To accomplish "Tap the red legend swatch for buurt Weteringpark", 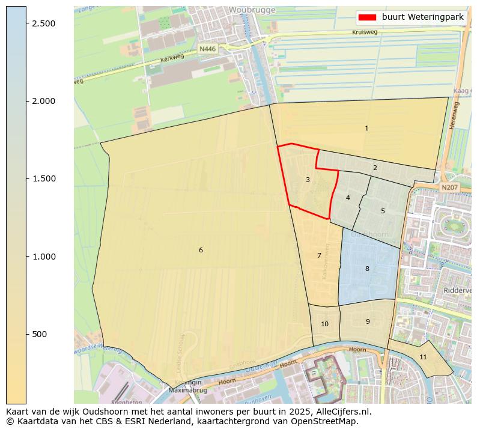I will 368,17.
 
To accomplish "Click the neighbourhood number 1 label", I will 366,128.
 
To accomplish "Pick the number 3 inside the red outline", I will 308,180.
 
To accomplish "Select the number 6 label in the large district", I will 201,250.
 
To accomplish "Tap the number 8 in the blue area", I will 367,269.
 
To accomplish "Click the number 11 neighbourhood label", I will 423,357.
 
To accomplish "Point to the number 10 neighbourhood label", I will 324,324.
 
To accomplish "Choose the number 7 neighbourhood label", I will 319,255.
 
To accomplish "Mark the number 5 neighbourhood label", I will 383,211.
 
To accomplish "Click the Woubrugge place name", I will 252,10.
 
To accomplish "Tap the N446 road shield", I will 207,49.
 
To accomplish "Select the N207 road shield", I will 449,188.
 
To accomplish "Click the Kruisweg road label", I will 365,32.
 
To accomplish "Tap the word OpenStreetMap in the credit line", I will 327,421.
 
